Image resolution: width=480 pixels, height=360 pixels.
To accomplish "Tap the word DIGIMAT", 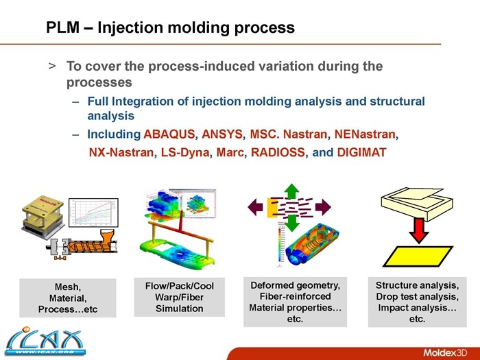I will click(362, 152).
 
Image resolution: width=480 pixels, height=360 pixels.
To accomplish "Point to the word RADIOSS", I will click(280, 152).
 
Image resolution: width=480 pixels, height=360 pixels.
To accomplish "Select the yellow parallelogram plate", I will click(416, 256).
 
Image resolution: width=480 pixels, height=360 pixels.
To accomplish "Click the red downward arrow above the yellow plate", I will click(418, 228).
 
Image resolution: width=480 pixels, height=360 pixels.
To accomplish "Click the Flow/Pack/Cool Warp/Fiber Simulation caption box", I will click(179, 297).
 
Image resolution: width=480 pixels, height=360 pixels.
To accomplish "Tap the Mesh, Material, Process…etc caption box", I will click(67, 298).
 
